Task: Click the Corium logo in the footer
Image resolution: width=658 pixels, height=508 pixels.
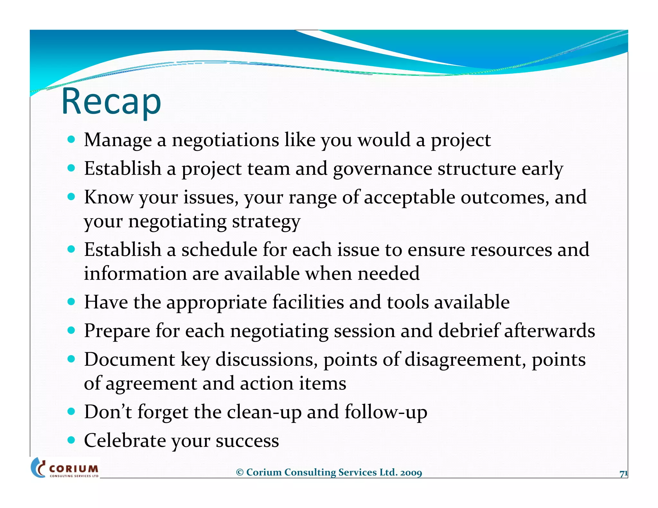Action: click(x=65, y=468)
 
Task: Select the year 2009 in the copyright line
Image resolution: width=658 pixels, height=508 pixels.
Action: click(x=411, y=473)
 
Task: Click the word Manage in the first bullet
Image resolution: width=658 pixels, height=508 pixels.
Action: click(x=118, y=140)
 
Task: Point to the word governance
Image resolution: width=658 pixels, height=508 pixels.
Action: click(x=382, y=169)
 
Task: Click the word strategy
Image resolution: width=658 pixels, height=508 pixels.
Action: click(x=266, y=222)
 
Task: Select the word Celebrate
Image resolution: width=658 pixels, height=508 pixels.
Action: click(x=125, y=441)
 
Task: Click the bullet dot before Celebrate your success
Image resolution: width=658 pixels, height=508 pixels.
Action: click(x=71, y=440)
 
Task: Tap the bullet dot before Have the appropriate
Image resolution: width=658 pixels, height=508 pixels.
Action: click(x=71, y=302)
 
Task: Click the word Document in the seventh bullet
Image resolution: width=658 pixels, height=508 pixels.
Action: click(x=129, y=360)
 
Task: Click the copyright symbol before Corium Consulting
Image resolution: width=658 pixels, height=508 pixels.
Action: click(x=240, y=473)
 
